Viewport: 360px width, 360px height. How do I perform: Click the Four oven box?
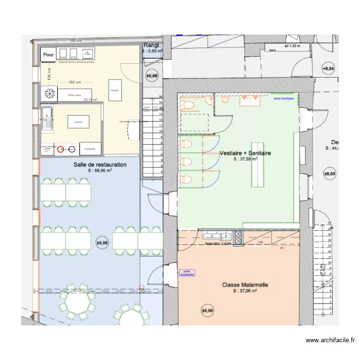pyautogui.click(x=48, y=54)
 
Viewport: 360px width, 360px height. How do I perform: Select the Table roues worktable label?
pyautogui.click(x=74, y=96)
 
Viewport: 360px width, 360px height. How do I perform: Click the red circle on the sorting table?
pyautogui.click(x=60, y=149)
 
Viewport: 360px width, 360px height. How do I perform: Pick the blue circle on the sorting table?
pyautogui.click(x=72, y=149)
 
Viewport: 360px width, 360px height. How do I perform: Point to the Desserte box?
pyautogui.click(x=90, y=149)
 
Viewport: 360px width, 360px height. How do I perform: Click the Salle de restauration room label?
pyautogui.click(x=100, y=165)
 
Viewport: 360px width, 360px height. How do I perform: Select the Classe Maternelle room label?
pyautogui.click(x=245, y=285)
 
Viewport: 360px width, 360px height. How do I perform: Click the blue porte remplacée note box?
pyautogui.click(x=187, y=273)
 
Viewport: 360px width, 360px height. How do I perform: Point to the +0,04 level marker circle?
pyautogui.click(x=328, y=69)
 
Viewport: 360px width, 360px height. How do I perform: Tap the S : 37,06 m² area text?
pyautogui.click(x=245, y=291)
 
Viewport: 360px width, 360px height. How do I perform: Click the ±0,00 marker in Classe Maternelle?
pyautogui.click(x=207, y=311)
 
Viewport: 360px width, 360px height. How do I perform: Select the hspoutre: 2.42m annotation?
pyautogui.click(x=218, y=243)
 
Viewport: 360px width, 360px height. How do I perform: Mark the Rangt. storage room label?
pyautogui.click(x=152, y=45)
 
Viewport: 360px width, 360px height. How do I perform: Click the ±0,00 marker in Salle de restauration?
pyautogui.click(x=102, y=243)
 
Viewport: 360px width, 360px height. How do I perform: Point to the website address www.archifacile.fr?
pyautogui.click(x=331, y=340)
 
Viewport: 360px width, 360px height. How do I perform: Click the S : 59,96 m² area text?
pyautogui.click(x=100, y=170)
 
